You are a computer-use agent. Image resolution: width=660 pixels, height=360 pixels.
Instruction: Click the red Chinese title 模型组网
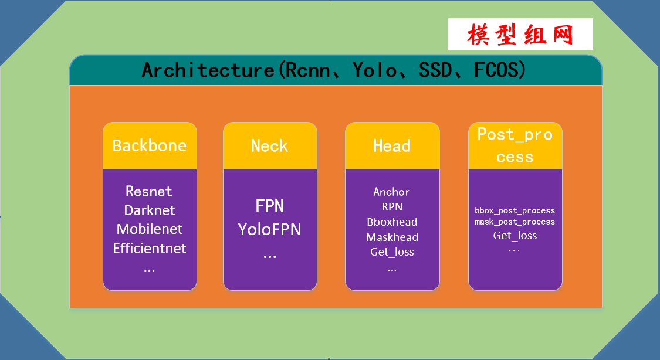pyautogui.click(x=520, y=35)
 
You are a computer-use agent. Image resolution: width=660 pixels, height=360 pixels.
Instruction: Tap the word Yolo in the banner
pyautogui.click(x=374, y=70)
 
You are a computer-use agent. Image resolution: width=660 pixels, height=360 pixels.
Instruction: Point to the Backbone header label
pyautogui.click(x=150, y=145)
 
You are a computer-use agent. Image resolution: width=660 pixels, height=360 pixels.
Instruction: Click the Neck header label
pyautogui.click(x=270, y=145)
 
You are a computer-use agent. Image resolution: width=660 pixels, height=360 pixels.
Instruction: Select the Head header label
pyautogui.click(x=392, y=145)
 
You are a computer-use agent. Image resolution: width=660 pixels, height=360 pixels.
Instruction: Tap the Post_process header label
pyautogui.click(x=515, y=145)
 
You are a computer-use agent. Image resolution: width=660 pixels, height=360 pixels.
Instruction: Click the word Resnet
pyautogui.click(x=149, y=191)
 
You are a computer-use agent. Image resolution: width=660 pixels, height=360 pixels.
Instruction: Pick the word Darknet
pyautogui.click(x=150, y=210)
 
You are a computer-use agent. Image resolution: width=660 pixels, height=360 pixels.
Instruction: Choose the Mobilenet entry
pyautogui.click(x=150, y=229)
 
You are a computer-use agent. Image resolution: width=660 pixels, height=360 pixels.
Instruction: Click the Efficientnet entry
pyautogui.click(x=150, y=248)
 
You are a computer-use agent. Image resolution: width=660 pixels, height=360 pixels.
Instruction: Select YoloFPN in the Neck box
pyautogui.click(x=270, y=229)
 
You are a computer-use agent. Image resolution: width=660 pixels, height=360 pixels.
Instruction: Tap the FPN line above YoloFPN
pyautogui.click(x=270, y=206)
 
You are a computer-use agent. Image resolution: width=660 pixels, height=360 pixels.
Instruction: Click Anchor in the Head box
pyautogui.click(x=392, y=192)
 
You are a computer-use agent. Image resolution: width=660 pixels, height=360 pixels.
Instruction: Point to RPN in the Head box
pyautogui.click(x=392, y=206)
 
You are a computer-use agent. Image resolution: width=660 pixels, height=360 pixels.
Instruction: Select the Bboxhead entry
pyautogui.click(x=392, y=222)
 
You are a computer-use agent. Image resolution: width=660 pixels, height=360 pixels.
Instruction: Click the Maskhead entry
pyautogui.click(x=392, y=237)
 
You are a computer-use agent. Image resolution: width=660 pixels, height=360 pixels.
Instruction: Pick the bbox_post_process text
pyautogui.click(x=515, y=210)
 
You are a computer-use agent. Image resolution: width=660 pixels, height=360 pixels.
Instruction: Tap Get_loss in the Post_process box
pyautogui.click(x=515, y=236)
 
